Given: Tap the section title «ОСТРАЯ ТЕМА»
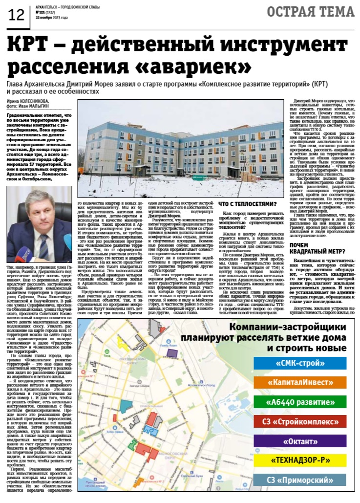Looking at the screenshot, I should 318,12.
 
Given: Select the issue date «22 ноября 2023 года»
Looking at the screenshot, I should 51,17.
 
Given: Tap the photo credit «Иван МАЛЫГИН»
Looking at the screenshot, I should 34,105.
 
